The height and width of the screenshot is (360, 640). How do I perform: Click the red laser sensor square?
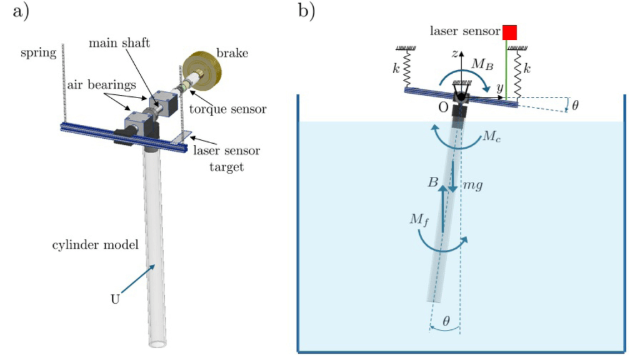511,32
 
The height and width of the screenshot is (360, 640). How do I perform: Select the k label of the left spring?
396,67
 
